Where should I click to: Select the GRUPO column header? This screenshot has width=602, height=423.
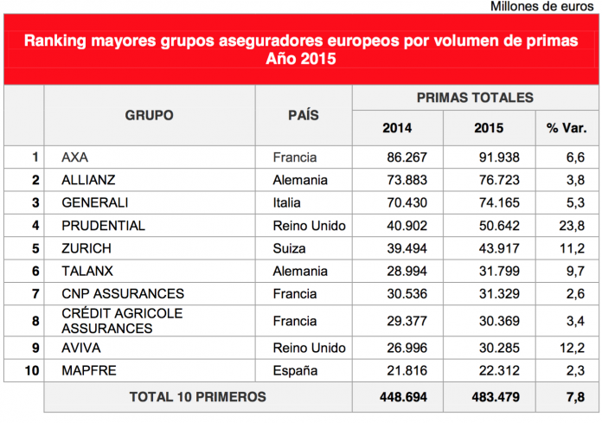click(149, 115)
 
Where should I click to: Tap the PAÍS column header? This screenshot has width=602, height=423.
click(303, 115)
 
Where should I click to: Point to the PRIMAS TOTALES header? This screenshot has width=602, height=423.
click(475, 98)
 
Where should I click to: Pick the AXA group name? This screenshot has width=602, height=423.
click(76, 157)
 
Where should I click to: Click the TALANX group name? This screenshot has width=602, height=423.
click(87, 271)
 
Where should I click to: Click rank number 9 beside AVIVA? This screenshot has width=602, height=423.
click(35, 348)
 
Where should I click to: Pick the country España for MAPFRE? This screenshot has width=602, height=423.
click(295, 370)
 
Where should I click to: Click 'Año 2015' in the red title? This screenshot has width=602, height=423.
click(300, 60)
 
